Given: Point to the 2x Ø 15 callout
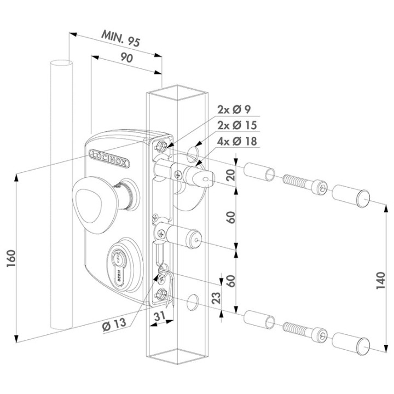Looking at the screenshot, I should pos(235,125).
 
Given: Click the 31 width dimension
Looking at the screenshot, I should pos(159,316).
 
